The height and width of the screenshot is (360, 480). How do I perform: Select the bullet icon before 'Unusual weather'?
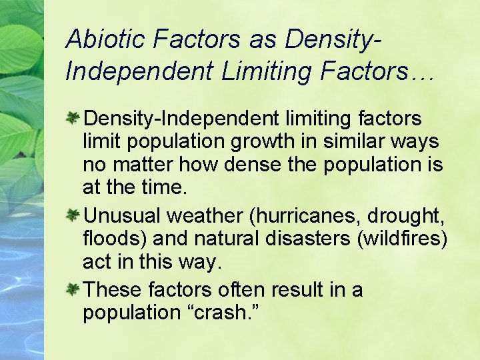click(74, 215)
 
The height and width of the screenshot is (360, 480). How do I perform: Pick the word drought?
click(413, 215)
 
